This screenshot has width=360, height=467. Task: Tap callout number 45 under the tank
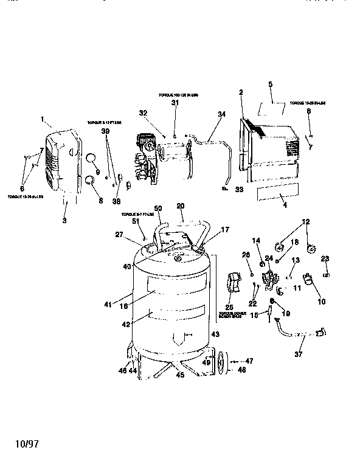[179, 375]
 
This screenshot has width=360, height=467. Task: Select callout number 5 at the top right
[271, 85]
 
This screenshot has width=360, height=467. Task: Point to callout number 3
[64, 221]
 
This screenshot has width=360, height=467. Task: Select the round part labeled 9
[91, 159]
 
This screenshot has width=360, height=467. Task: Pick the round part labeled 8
[91, 180]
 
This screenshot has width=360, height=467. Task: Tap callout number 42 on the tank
[126, 325]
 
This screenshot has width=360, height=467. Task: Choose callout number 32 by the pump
[144, 113]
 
